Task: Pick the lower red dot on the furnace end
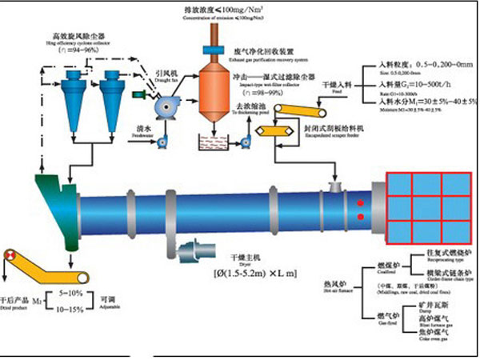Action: tap(362, 217)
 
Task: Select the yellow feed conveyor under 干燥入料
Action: tap(307, 120)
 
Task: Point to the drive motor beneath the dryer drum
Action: tap(192, 254)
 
